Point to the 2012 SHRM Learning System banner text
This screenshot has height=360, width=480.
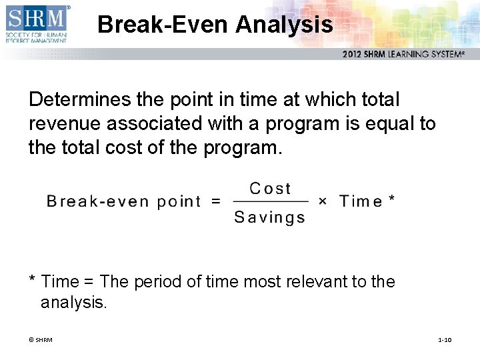pyautogui.click(x=403, y=54)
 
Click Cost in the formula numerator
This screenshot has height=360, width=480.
pyautogui.click(x=270, y=189)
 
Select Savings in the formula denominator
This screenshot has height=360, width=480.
pyautogui.click(x=269, y=217)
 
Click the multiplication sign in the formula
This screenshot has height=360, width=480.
pyautogui.click(x=323, y=201)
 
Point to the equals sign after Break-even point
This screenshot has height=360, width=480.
pyautogui.click(x=216, y=201)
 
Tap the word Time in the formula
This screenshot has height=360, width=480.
pyautogui.click(x=361, y=201)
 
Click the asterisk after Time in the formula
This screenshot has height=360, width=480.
pyautogui.click(x=391, y=199)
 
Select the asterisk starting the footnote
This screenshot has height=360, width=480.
pyautogui.click(x=32, y=280)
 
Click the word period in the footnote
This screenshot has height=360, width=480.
pyautogui.click(x=158, y=282)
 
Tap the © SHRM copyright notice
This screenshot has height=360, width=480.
pyautogui.click(x=40, y=340)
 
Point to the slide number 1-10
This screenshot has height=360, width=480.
pyautogui.click(x=445, y=340)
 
